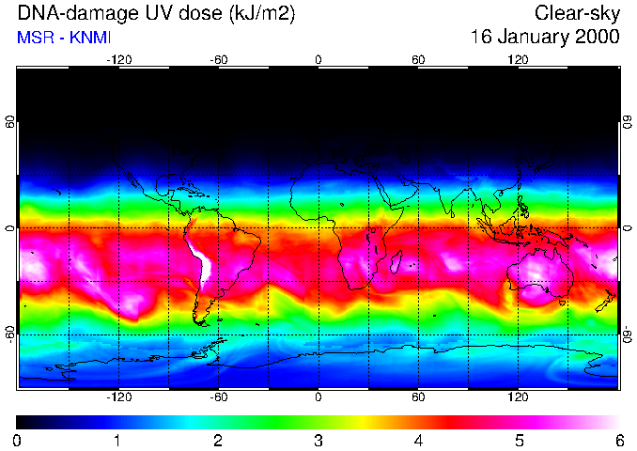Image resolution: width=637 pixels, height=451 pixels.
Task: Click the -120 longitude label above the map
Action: (x=118, y=59)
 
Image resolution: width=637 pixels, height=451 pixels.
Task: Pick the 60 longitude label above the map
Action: (x=418, y=59)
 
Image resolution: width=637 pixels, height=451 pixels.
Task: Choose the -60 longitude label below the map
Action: (x=218, y=397)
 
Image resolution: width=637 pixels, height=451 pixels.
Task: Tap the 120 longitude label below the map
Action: (x=518, y=397)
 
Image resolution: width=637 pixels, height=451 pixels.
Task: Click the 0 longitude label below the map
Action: (x=318, y=397)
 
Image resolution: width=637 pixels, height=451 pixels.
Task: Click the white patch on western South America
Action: (x=199, y=261)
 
